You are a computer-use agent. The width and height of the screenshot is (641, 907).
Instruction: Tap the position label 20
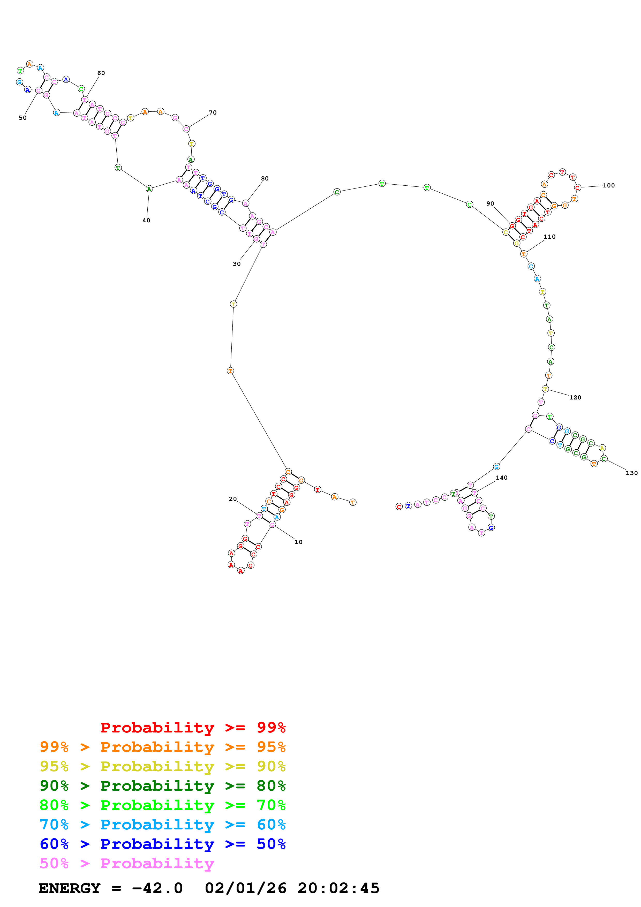(233, 499)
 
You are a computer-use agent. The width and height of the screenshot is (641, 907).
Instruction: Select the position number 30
(237, 264)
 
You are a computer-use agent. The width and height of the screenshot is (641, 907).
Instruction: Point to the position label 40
(146, 221)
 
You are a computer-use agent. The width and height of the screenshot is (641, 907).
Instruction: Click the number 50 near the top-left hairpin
(22, 118)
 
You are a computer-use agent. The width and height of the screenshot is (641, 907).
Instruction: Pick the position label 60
(101, 73)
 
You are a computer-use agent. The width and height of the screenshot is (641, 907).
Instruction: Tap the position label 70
(213, 112)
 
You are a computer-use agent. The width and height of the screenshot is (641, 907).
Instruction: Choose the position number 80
(265, 179)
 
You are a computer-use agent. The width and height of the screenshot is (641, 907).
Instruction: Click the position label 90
(490, 203)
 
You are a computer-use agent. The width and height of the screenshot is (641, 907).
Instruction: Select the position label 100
(609, 185)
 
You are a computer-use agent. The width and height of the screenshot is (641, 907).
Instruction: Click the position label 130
(631, 473)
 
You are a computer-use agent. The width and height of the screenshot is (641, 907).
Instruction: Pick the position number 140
(502, 478)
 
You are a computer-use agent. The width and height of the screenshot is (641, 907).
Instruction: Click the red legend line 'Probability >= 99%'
(193, 727)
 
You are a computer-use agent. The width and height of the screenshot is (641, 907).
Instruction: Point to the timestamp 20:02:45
(338, 888)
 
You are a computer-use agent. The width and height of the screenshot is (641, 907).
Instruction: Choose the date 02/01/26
(246, 888)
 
